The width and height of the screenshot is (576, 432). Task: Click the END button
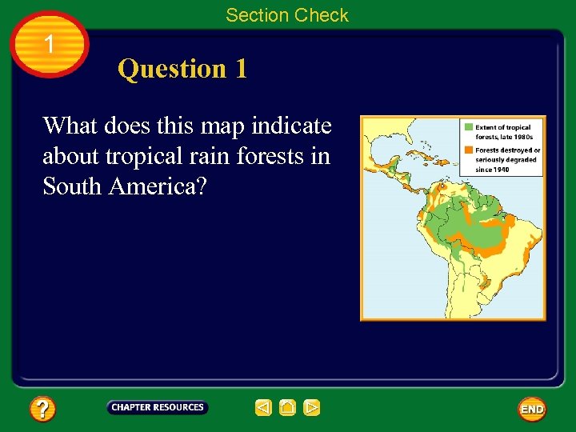coord(532,409)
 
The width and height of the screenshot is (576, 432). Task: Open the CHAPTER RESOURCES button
coord(158,407)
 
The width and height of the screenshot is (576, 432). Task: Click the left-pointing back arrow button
coord(264,408)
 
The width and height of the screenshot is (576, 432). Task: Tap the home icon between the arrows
coord(288,408)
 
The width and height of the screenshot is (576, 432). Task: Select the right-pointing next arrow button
coord(312,408)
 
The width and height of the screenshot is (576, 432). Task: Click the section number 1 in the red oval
coord(50,44)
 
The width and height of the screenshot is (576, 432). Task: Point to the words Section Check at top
coord(287,14)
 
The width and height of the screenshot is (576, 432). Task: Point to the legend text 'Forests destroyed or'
coord(508,150)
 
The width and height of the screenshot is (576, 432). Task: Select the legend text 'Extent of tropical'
coord(503,127)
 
